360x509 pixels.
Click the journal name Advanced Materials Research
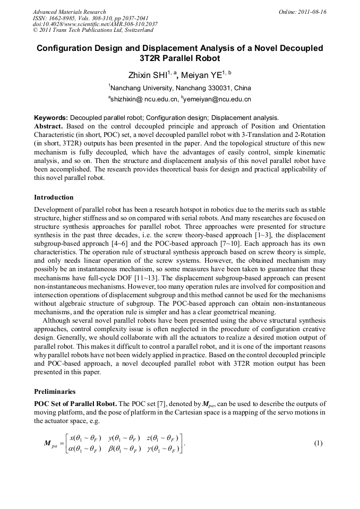(69, 12)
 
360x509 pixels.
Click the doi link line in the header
(95, 24)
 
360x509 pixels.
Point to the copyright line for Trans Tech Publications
(93, 31)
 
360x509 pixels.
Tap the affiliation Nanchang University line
(180, 88)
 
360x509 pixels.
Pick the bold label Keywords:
(51, 117)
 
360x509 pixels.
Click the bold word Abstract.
(49, 126)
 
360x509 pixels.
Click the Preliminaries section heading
(57, 392)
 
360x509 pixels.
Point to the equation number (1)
(318, 443)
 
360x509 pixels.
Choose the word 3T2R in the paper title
(153, 58)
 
